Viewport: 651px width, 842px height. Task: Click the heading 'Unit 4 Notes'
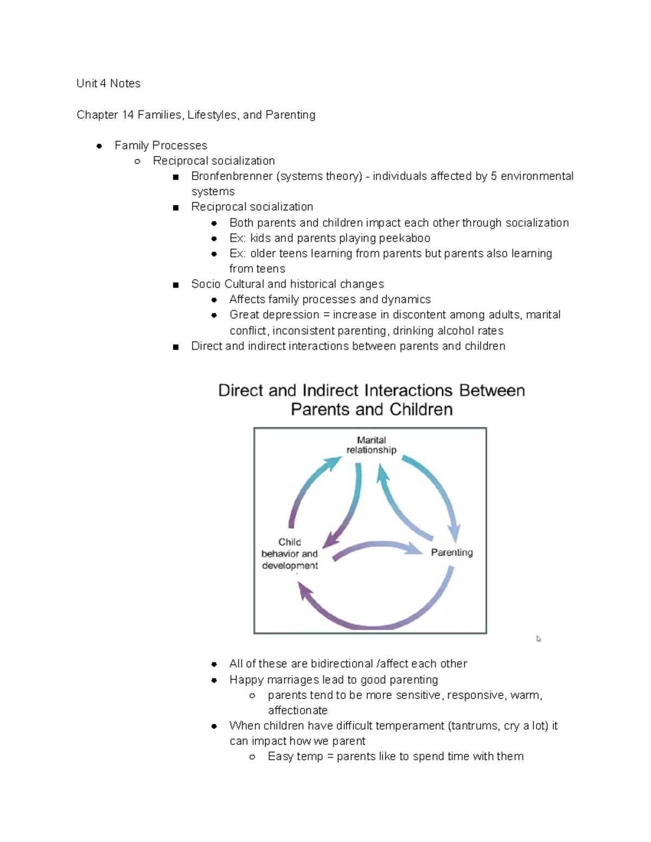tap(108, 83)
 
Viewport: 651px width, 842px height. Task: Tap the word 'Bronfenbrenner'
tap(232, 176)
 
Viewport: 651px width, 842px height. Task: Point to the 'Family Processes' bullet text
tap(161, 145)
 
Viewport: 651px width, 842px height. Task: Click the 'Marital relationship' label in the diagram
tap(372, 445)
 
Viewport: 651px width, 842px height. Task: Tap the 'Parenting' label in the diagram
tap(452, 552)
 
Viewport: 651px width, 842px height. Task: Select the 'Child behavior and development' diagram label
tap(290, 554)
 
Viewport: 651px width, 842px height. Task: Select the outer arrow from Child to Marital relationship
tap(309, 488)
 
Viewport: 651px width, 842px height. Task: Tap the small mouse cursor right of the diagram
tap(539, 639)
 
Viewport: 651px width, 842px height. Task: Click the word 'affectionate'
tap(297, 710)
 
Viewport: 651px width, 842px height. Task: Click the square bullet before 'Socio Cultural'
tap(175, 285)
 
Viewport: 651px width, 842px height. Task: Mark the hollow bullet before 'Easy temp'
tap(252, 757)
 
